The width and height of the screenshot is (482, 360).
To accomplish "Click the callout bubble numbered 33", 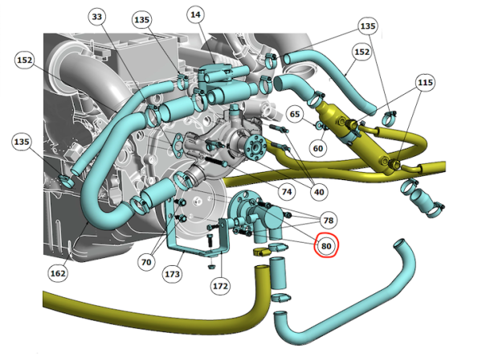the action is point(97,16).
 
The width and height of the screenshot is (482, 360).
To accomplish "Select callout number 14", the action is point(195,14).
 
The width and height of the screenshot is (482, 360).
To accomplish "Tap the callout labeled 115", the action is point(425,83).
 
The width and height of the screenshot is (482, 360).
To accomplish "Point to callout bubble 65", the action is point(295,114).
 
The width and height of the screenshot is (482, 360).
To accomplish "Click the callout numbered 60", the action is point(318,148).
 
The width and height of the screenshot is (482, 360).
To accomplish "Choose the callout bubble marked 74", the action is point(287,191).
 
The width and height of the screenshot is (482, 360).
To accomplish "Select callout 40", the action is point(319,192).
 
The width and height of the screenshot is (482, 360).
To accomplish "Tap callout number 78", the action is point(329,220).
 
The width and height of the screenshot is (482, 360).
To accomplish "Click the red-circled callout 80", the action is point(326,246).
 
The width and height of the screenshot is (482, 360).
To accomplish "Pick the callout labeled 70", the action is point(146,262).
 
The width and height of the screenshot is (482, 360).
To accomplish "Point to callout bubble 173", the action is point(172,273).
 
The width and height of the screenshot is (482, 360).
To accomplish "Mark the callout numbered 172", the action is point(220,286).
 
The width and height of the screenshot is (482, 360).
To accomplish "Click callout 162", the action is point(58,273).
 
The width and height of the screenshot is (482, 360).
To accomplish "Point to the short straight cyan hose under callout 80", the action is point(278,273).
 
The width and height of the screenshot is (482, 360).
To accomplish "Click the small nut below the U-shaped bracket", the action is point(211,266).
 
